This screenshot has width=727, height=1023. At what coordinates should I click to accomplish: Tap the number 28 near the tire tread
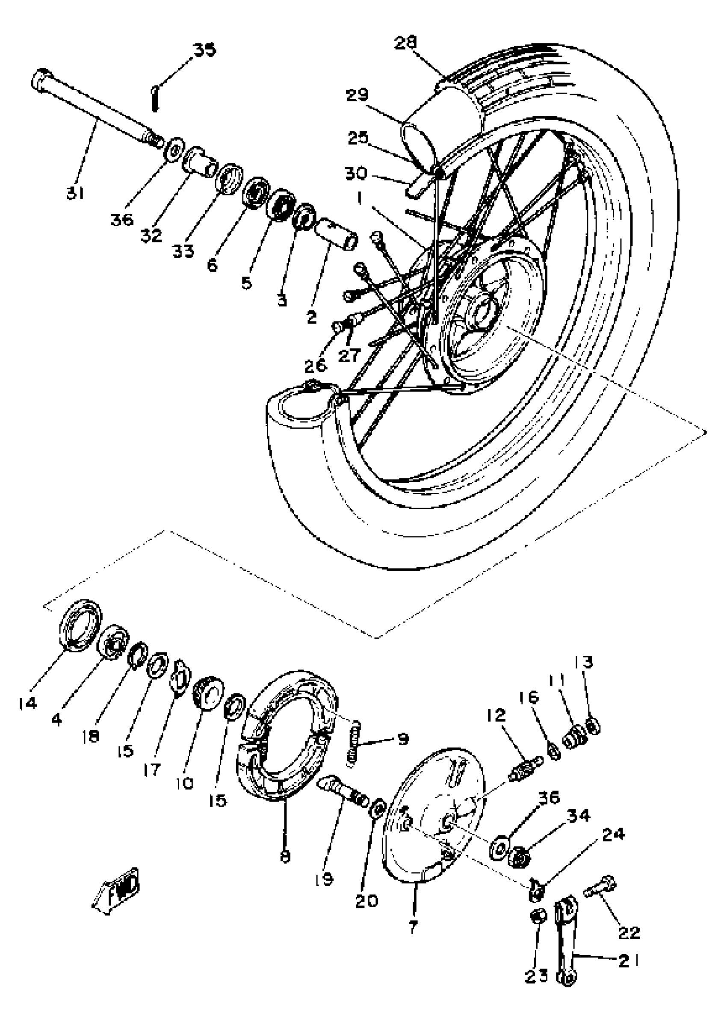click(405, 43)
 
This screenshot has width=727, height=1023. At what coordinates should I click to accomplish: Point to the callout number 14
click(28, 704)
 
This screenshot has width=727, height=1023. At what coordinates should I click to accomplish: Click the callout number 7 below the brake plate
click(413, 926)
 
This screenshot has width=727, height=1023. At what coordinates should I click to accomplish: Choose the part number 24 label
click(613, 834)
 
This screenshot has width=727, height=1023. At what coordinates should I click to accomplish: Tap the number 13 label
click(583, 662)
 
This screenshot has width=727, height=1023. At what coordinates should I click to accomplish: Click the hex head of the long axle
click(41, 80)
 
